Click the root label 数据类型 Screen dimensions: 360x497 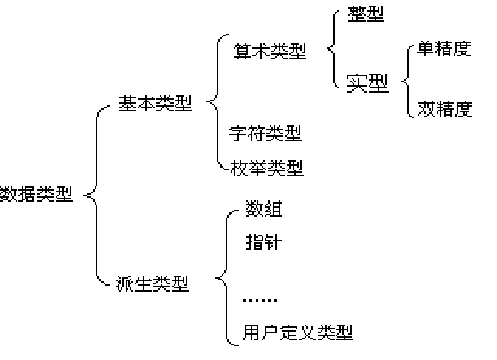click(36, 194)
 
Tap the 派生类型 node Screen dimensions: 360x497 click(155, 284)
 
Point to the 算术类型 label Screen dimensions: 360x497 click(270, 52)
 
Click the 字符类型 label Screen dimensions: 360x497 click(266, 135)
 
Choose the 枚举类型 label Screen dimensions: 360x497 click(267, 168)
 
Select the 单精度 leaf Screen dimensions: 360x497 click(444, 51)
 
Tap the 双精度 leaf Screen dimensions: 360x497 click(444, 109)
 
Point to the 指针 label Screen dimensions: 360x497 click(263, 242)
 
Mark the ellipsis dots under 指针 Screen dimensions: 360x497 click(260, 301)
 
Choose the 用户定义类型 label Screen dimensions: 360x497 click(298, 332)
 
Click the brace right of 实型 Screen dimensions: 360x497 click(406, 82)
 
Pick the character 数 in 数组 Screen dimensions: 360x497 click(253, 210)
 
